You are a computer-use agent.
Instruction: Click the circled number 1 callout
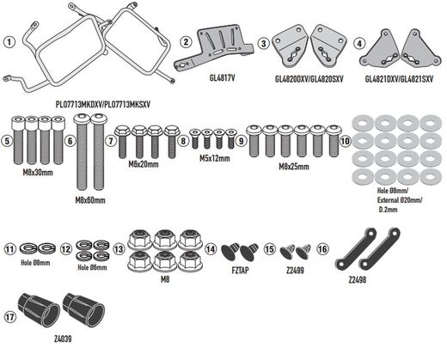tap(9, 42)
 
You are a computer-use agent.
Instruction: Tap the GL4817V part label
tap(222, 78)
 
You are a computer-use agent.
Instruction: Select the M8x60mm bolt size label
tap(90, 200)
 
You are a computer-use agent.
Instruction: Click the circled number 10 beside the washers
tap(346, 141)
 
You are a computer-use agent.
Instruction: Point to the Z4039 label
tap(63, 339)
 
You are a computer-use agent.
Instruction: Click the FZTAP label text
tap(240, 270)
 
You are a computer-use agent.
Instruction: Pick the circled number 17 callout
tap(9, 317)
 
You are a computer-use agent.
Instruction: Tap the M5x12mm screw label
tap(215, 158)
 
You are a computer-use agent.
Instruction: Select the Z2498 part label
tap(358, 280)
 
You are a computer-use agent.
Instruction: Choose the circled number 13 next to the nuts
tap(119, 249)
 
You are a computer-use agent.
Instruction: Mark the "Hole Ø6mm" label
tap(92, 267)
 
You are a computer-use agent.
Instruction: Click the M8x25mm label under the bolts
tap(294, 167)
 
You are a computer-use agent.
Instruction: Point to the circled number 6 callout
tap(70, 141)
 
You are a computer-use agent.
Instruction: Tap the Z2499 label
tap(295, 270)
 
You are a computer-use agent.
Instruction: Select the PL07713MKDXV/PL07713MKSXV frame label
tap(103, 104)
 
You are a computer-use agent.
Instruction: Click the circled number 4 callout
tap(359, 44)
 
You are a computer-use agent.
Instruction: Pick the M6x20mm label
tap(144, 164)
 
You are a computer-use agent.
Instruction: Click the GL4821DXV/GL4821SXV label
tap(399, 79)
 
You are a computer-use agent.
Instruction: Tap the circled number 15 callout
tap(269, 249)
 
